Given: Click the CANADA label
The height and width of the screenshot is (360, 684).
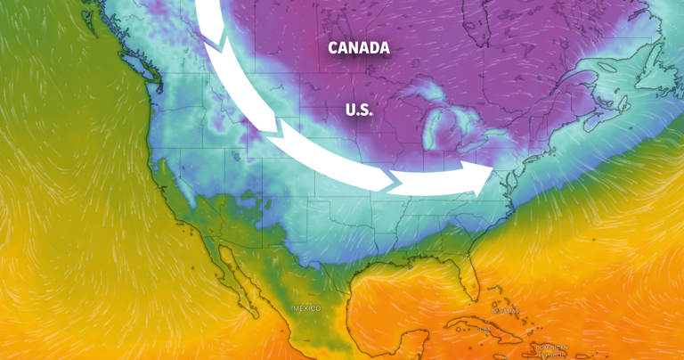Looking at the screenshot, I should [359, 48].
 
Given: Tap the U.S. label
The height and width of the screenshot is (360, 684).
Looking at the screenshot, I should [359, 110].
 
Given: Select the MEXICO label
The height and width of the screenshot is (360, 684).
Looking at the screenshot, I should [305, 308].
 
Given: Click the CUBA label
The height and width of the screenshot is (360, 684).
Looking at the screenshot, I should [480, 330].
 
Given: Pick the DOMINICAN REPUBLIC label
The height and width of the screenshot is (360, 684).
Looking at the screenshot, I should [552, 349].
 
